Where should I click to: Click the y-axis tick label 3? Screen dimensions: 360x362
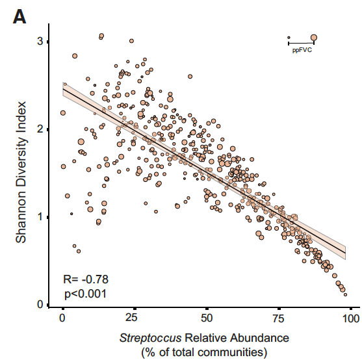point(40,41)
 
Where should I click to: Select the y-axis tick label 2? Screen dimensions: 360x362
point(40,129)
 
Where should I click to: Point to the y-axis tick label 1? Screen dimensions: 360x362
point(40,217)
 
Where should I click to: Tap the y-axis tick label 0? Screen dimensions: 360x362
point(40,305)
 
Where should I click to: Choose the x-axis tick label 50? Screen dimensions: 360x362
point(207,318)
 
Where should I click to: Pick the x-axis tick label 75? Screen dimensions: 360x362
point(279,318)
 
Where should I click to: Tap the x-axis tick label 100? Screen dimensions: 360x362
point(351,318)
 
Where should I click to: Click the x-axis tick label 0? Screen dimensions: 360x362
point(62,318)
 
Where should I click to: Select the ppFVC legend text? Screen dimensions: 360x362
point(302,49)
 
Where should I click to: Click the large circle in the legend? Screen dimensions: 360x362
point(314,38)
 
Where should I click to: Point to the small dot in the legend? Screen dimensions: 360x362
point(289,38)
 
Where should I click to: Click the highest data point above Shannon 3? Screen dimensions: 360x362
point(101,36)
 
